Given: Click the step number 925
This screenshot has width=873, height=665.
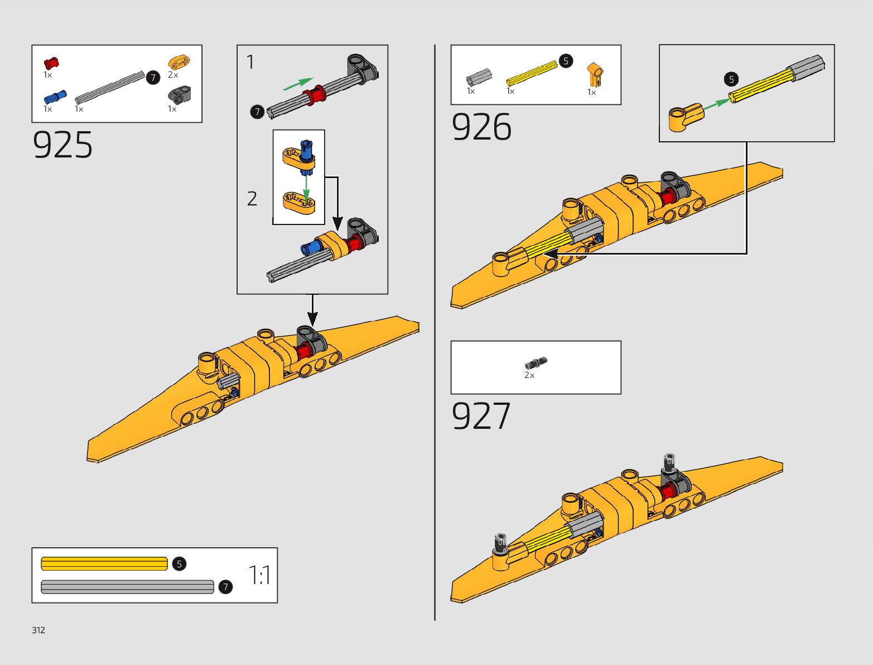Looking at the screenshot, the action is point(62,146).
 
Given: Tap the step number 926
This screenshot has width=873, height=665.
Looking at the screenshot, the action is point(481,127).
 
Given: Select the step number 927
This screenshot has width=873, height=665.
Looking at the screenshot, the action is point(480,416).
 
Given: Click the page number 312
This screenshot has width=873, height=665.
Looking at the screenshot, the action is point(38,630).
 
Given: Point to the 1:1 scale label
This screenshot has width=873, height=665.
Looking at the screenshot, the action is point(259,575).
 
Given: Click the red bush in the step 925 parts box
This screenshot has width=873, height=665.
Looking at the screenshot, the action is point(51,63).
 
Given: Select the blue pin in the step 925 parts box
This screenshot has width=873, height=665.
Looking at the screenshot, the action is point(55,97).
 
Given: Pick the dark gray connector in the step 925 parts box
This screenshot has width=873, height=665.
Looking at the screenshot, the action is point(179,95).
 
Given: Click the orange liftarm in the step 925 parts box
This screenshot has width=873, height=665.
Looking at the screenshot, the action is point(179,61).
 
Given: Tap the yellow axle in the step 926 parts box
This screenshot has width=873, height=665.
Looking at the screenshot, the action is point(531,74).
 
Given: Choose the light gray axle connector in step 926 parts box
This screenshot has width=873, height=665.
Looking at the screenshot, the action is point(479,77).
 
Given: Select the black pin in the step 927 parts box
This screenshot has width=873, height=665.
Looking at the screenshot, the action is point(536,362).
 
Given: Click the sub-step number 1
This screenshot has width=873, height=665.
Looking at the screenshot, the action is point(250,62).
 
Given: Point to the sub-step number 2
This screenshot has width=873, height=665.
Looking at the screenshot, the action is point(252,198).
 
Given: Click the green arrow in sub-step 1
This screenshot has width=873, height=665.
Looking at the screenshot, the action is point(298,84).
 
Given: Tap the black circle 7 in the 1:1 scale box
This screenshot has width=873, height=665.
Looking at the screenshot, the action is point(225,587).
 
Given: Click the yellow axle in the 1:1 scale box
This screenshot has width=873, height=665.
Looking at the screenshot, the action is point(104,564).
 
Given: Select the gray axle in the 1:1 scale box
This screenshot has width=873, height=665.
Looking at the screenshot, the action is point(127,587).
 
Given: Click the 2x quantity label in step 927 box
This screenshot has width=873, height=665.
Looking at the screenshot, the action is point(529,375).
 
